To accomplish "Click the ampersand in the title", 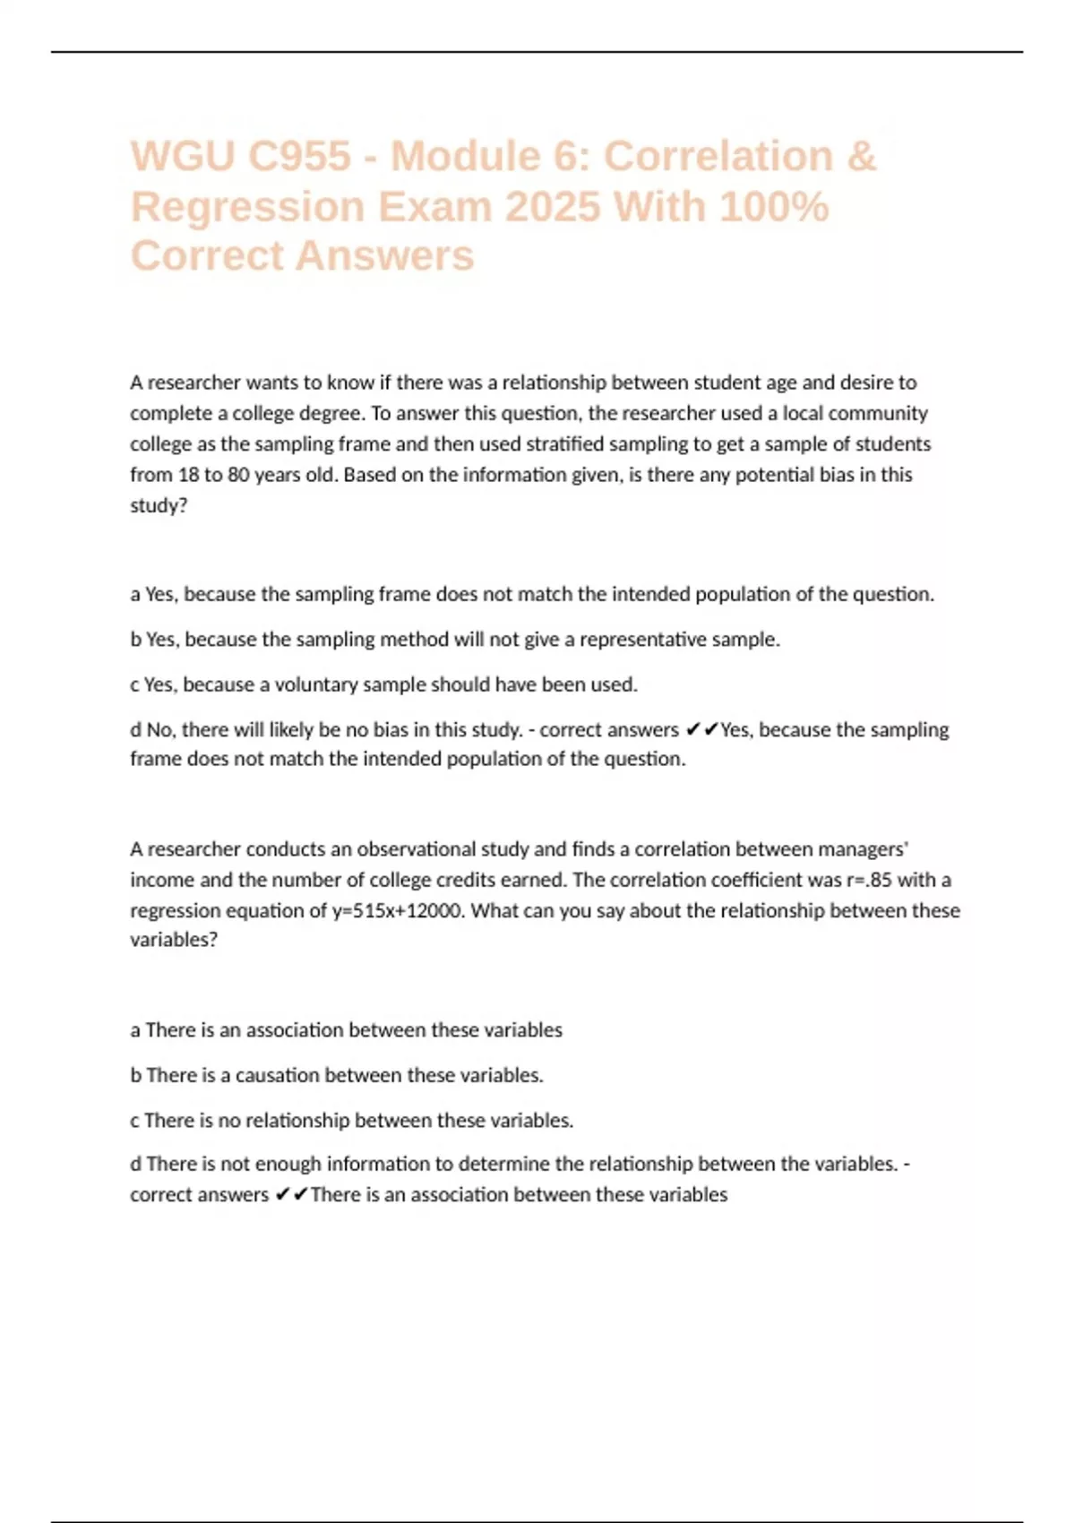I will coord(860,156).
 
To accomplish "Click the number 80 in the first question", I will coord(238,475).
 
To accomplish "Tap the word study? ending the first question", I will coord(159,505).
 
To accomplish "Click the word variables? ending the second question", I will coord(174,940).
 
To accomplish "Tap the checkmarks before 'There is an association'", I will coord(291,1195).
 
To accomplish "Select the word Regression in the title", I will coord(247,207).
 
